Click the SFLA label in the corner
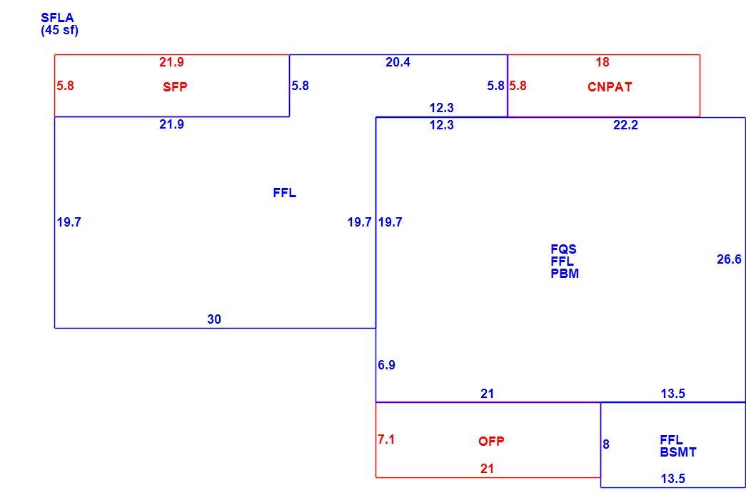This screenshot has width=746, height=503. [57, 18]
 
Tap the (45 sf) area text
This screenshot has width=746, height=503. [59, 30]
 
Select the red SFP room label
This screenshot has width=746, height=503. [175, 86]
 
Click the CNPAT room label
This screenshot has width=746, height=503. [610, 86]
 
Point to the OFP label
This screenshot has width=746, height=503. [491, 441]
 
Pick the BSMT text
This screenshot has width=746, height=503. [678, 452]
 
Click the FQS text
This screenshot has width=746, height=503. [563, 249]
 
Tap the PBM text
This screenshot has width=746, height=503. [565, 274]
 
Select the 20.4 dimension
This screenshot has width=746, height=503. [398, 62]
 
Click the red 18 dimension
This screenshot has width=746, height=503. [603, 62]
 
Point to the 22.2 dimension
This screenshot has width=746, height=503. [625, 125]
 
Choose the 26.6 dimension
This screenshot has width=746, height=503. [729, 259]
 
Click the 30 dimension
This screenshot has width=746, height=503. [214, 319]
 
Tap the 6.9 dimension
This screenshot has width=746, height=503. [386, 365]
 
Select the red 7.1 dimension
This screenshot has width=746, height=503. [385, 439]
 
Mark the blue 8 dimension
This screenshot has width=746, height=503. [605, 444]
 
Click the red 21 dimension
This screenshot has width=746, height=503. [487, 469]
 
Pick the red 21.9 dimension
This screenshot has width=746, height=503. [171, 62]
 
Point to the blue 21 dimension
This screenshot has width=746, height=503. [487, 394]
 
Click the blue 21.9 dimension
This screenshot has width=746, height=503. [171, 124]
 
